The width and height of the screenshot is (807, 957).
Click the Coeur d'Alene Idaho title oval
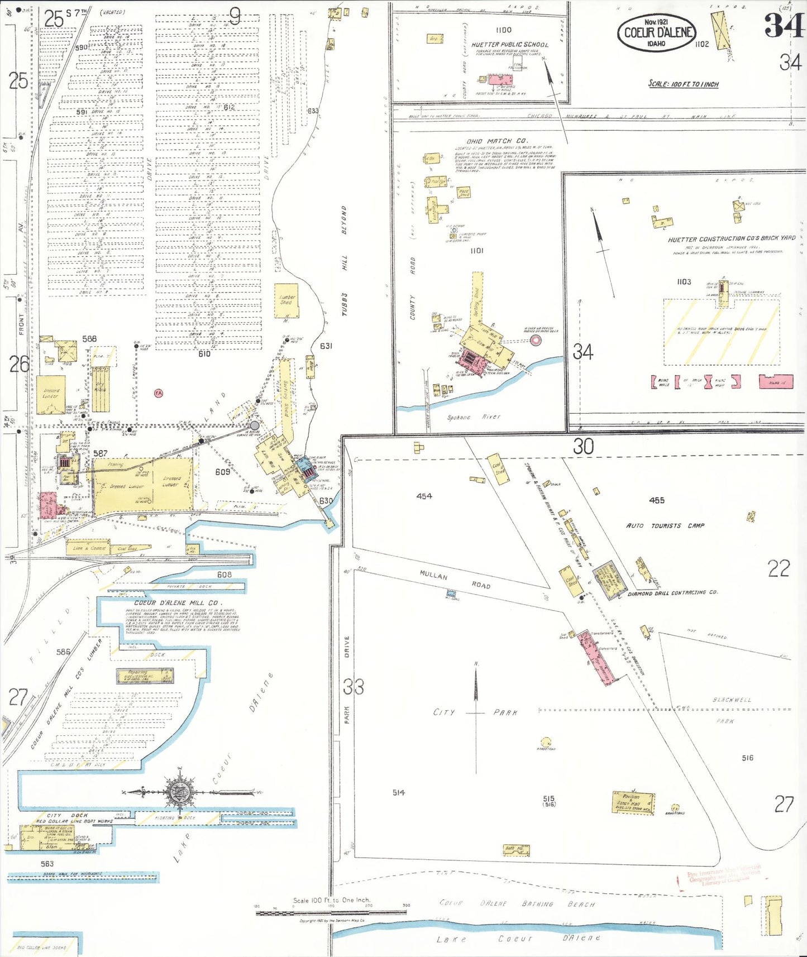click(657, 33)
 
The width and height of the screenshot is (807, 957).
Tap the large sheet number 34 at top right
click(784, 26)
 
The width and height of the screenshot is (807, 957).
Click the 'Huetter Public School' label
click(509, 45)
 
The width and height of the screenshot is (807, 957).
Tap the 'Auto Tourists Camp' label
click(665, 525)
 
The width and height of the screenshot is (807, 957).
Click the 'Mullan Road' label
click(455, 579)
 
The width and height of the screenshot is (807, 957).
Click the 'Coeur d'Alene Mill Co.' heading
click(178, 603)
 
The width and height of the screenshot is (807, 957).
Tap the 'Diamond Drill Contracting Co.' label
click(672, 593)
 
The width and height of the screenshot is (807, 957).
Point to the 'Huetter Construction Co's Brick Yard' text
click(731, 238)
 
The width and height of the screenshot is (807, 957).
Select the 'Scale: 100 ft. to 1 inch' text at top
click(683, 84)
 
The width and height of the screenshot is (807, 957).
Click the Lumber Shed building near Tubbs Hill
click(286, 302)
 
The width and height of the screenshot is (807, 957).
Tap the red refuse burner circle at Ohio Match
click(535, 340)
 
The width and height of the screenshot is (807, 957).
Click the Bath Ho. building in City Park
click(515, 850)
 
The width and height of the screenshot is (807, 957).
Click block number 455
click(657, 500)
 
